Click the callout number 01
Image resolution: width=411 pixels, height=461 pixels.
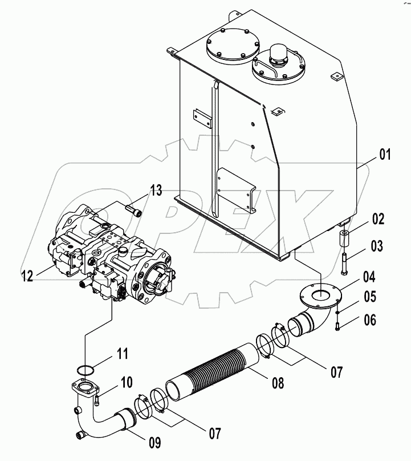[x=385, y=153]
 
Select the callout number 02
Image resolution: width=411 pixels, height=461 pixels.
[x=379, y=220]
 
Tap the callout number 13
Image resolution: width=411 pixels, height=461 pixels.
[x=156, y=190]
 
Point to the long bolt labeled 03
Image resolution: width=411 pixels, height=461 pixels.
[x=345, y=262]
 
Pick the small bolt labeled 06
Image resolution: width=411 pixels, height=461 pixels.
[x=338, y=327]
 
